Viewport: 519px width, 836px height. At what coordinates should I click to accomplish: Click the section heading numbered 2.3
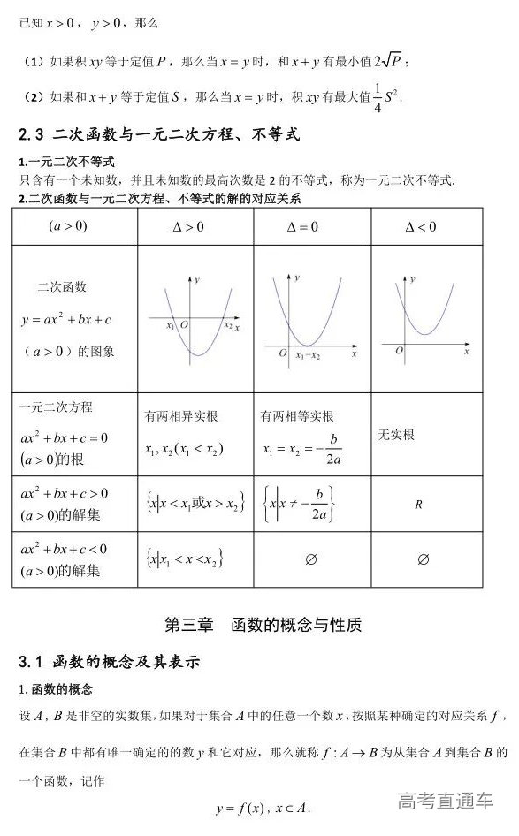tap(159, 135)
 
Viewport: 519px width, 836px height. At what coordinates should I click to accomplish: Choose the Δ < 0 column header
tap(420, 227)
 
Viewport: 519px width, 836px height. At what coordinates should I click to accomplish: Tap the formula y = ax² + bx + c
tap(72, 318)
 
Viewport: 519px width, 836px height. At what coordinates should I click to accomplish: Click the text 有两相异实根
tap(180, 416)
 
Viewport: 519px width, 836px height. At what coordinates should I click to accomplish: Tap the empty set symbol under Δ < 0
tap(423, 559)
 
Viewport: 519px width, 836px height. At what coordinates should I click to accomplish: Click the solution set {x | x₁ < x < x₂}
tap(184, 559)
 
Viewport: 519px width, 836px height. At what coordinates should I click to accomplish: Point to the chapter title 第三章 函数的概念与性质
tap(263, 625)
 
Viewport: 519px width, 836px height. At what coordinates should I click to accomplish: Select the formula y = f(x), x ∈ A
tap(263, 808)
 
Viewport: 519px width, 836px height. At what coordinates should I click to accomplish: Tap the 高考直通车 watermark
tap(446, 802)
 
